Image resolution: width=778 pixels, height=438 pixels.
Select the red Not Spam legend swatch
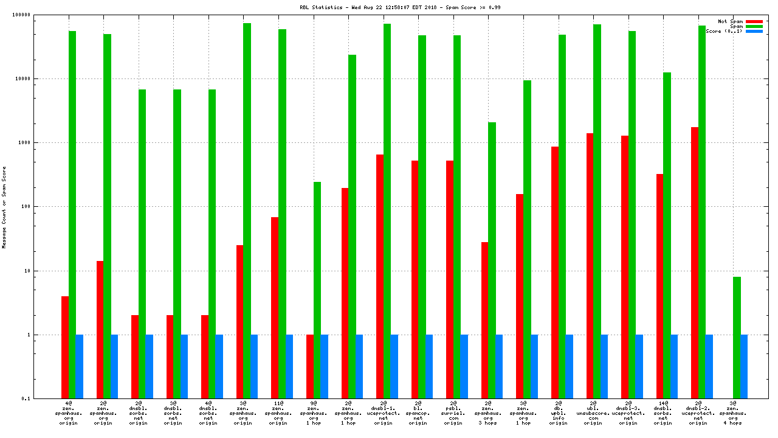(754, 21)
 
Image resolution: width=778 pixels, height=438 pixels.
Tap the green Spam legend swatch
(754, 26)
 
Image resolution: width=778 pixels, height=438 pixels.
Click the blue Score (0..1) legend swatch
(754, 31)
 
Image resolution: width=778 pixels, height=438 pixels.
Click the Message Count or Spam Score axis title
(4, 207)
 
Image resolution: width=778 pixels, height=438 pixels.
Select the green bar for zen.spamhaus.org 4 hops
(737, 338)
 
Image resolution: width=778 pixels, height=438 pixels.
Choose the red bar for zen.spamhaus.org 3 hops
(485, 320)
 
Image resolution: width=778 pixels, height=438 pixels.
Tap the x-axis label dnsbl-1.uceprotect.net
(383, 413)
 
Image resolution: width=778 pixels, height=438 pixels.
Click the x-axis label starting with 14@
(663, 413)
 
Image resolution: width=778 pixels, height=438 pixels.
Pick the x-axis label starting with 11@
(278, 413)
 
